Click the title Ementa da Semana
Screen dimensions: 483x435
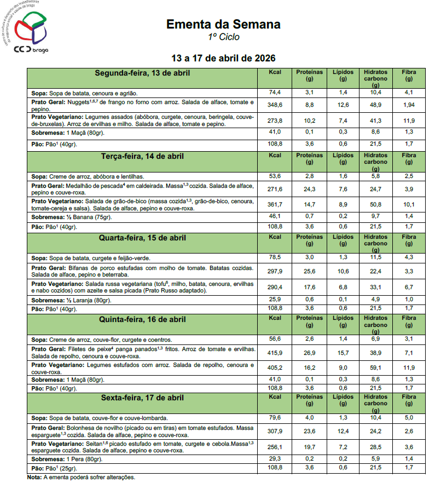[223, 25]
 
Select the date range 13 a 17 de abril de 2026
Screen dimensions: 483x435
[223, 58]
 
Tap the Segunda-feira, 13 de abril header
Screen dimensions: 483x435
[143, 73]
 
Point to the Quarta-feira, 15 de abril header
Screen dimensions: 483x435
[143, 238]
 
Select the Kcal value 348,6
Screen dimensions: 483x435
[275, 105]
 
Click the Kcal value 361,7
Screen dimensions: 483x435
[275, 204]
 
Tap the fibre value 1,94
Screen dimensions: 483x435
[409, 105]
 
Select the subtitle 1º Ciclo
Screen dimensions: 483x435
[223, 37]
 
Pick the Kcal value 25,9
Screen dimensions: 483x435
[275, 300]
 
